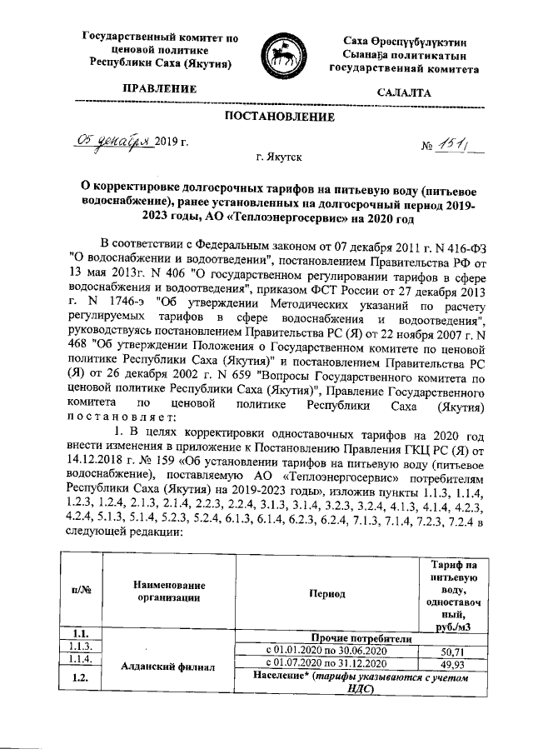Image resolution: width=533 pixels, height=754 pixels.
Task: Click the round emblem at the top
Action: [282, 53]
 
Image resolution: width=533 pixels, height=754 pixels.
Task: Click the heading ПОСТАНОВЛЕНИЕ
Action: [275, 117]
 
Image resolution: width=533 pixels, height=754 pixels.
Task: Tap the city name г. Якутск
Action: [279, 156]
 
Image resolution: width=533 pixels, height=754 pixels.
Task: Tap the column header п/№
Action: [82, 591]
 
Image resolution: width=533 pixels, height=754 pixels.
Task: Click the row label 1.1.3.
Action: [82, 647]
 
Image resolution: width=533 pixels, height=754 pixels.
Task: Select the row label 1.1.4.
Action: [82, 659]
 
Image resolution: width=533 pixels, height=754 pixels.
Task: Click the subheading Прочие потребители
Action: [361, 637]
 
